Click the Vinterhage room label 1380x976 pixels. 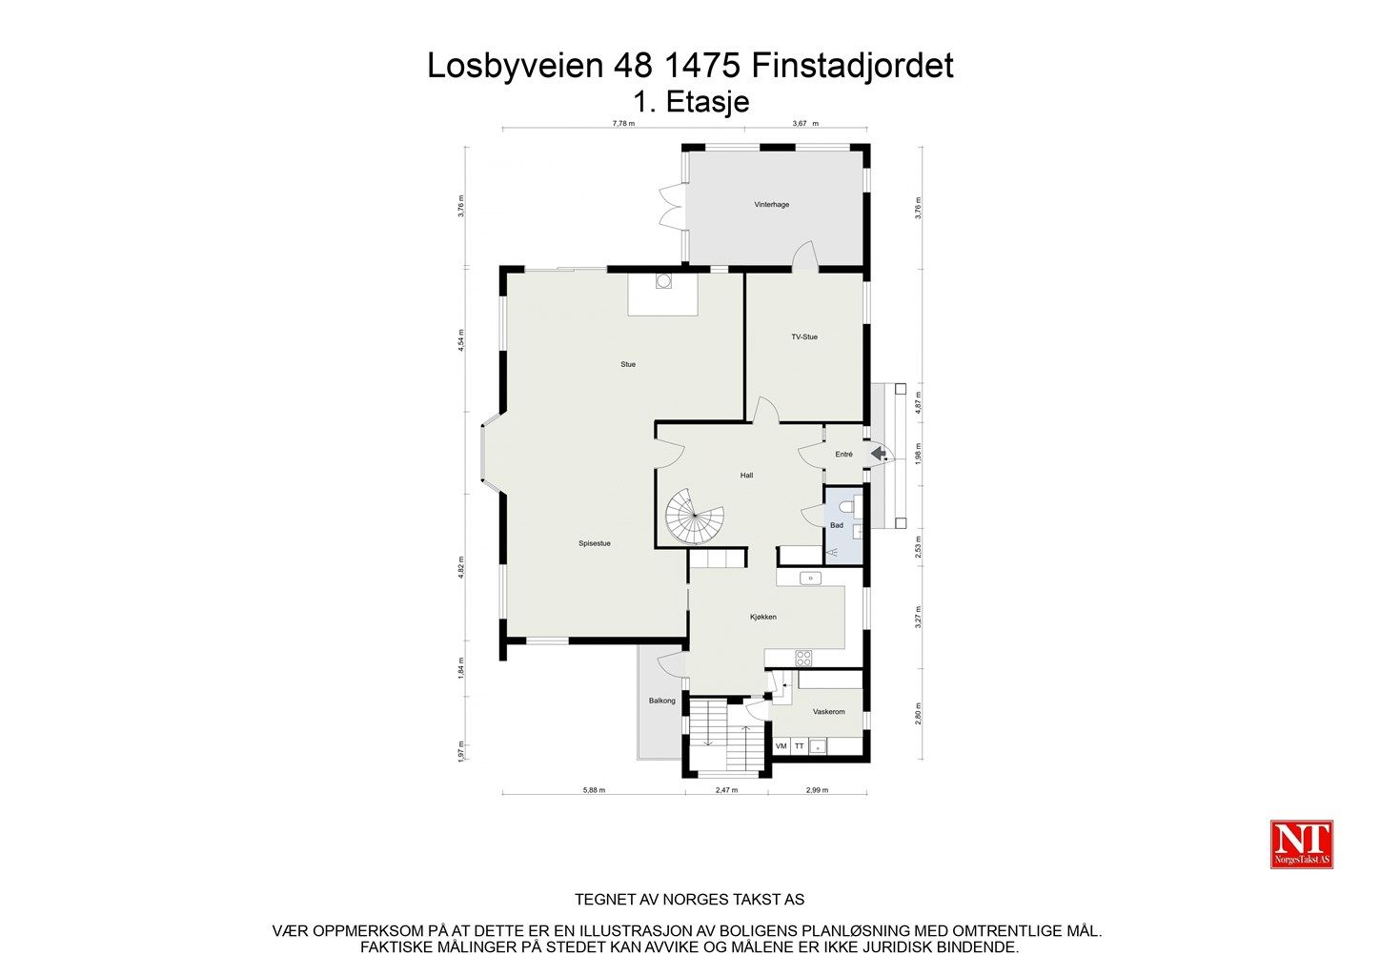771,205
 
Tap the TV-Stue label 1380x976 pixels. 803,336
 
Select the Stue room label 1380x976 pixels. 627,364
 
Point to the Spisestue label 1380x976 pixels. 594,543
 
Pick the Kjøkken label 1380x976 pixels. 762,617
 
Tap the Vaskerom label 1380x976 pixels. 828,712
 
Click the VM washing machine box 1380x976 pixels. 781,746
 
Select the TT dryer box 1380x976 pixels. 800,746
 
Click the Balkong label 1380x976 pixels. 661,701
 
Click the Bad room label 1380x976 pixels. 837,525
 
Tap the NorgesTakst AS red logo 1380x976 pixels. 1302,844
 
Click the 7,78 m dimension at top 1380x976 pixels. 623,123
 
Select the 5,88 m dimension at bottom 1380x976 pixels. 594,790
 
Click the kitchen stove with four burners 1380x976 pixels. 803,657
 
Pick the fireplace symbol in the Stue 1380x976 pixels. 663,281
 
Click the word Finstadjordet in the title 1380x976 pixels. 852,66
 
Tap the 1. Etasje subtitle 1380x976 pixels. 691,101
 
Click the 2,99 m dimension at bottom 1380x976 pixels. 817,790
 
